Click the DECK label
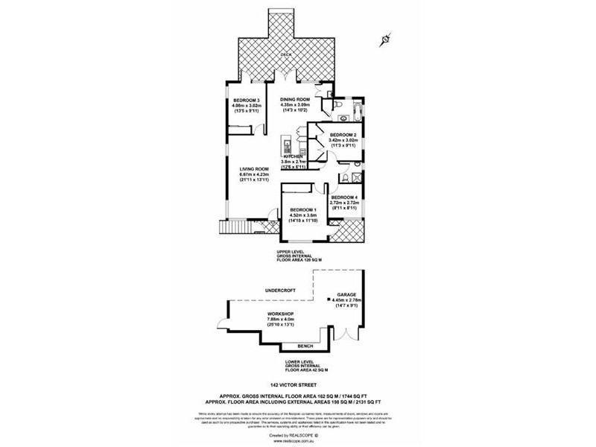click(x=285, y=56)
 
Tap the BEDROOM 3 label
click(x=246, y=100)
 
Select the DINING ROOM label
click(x=295, y=100)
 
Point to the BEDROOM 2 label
click(x=343, y=135)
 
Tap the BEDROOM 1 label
click(x=303, y=210)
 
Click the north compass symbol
click(x=384, y=37)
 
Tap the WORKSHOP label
click(x=279, y=314)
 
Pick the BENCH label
click(x=304, y=346)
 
